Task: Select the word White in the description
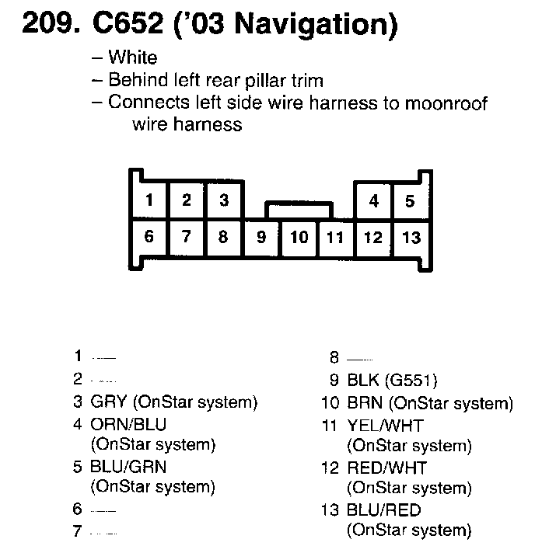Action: pos(133,57)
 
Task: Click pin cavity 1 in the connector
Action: pos(149,200)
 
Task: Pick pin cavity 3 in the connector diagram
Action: pos(223,200)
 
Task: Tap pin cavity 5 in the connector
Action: pos(410,201)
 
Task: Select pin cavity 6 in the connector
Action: pos(149,236)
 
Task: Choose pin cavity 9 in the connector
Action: pos(261,237)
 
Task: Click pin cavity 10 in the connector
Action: pos(299,237)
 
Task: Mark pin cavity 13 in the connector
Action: pos(410,237)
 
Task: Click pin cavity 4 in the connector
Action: pos(373,201)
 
